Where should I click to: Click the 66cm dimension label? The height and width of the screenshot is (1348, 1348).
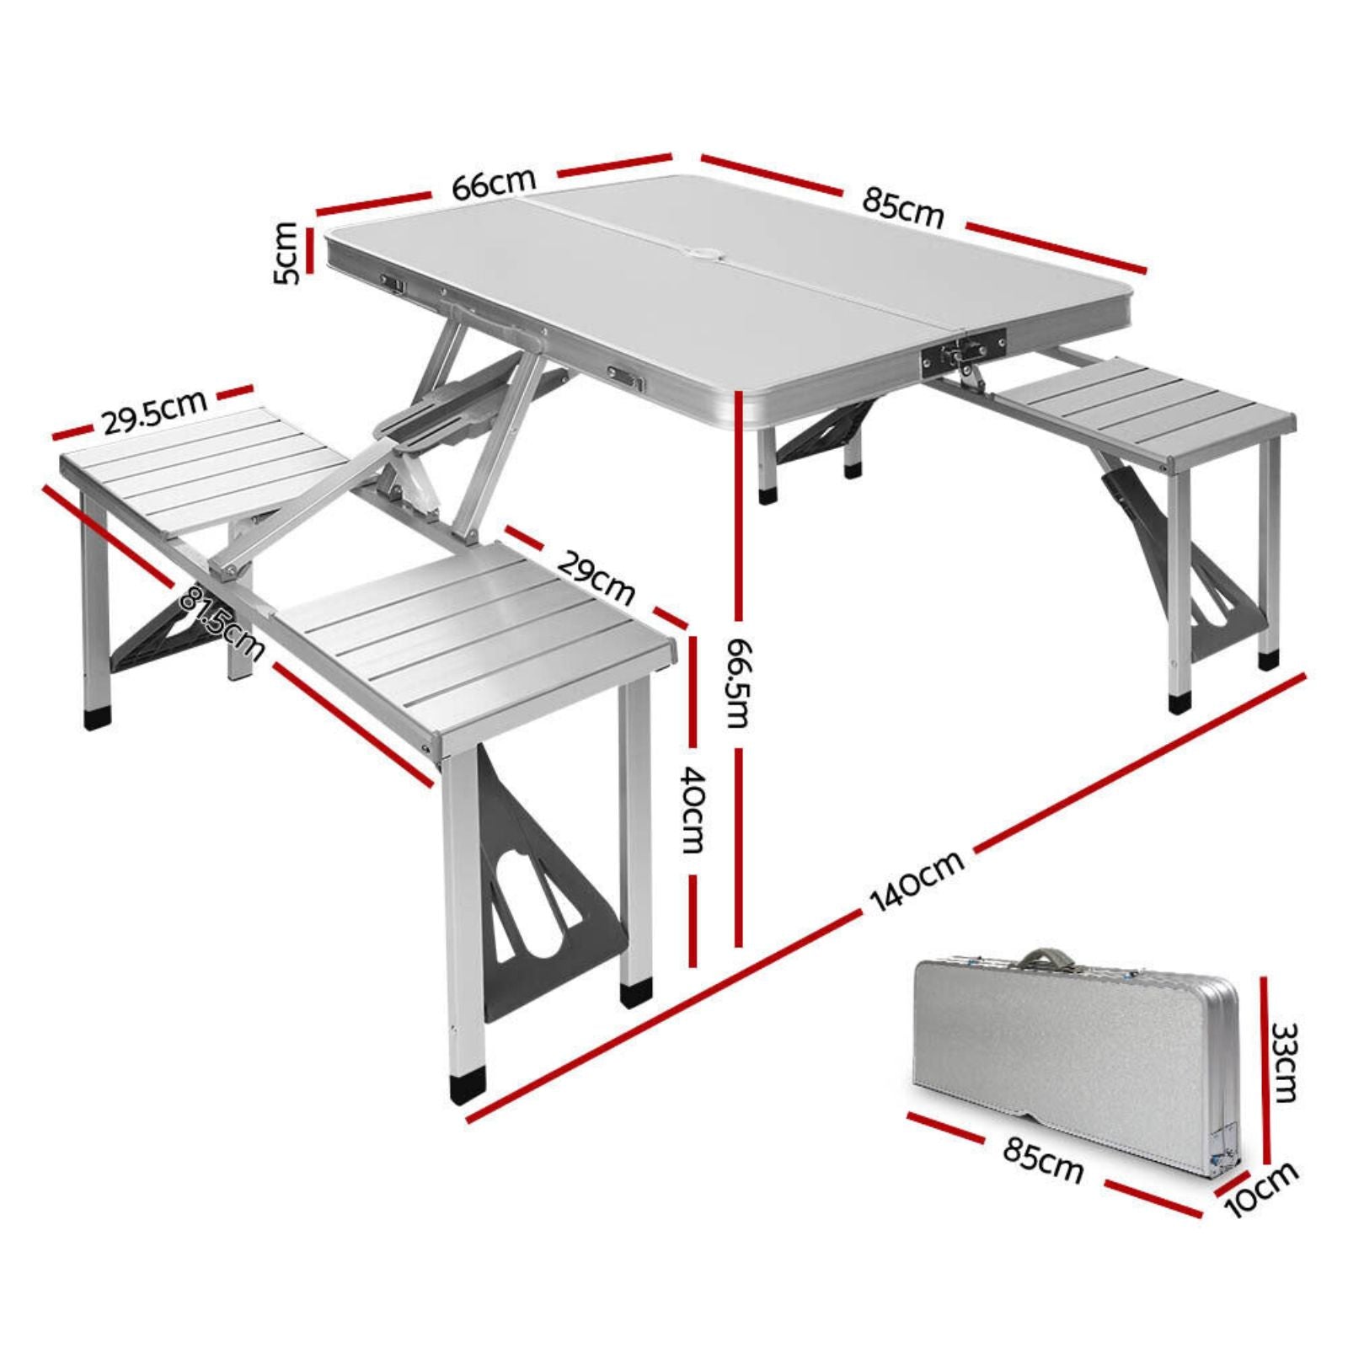(x=493, y=185)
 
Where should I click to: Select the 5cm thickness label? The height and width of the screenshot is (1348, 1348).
(x=287, y=252)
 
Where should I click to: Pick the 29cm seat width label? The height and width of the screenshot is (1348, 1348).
(x=596, y=579)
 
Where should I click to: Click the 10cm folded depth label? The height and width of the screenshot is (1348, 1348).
(x=1262, y=1189)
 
